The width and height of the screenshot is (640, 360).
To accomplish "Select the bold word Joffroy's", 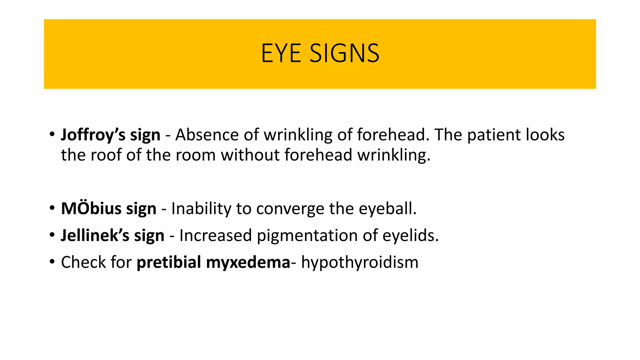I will [x=93, y=135].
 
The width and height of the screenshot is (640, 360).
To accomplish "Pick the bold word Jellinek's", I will [x=95, y=235].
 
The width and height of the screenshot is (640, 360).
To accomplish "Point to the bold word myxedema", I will [x=248, y=262].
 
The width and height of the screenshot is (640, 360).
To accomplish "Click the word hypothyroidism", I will [x=360, y=262].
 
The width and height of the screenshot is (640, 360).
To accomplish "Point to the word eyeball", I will [x=387, y=208].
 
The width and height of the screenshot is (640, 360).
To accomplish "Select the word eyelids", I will [x=410, y=235].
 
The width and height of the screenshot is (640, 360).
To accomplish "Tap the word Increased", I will [x=215, y=235].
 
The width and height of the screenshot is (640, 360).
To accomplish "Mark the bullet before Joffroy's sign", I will [x=52, y=135].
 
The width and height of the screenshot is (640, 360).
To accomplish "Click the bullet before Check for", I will [x=52, y=262].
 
